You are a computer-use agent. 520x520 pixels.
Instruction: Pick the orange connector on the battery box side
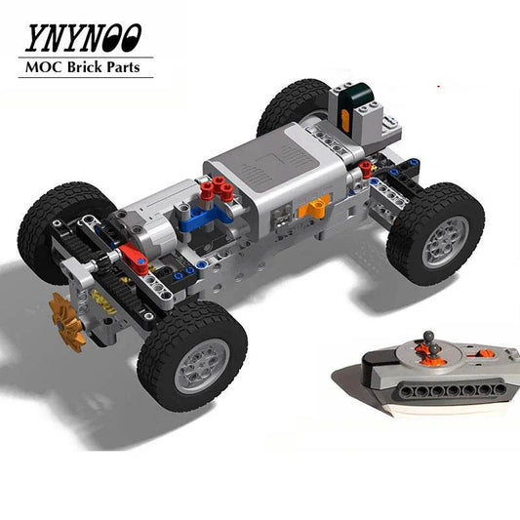317,207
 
